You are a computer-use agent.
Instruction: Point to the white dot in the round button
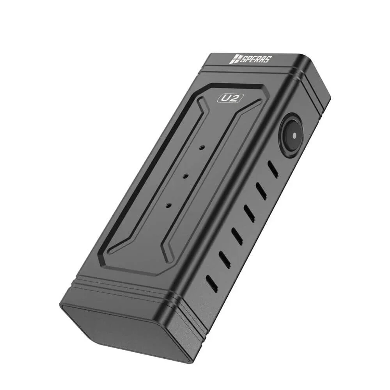[x=294, y=135]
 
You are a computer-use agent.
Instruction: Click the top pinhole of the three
[x=202, y=148]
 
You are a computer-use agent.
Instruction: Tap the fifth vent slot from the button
[x=224, y=258]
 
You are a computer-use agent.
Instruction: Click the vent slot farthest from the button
[x=212, y=280]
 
